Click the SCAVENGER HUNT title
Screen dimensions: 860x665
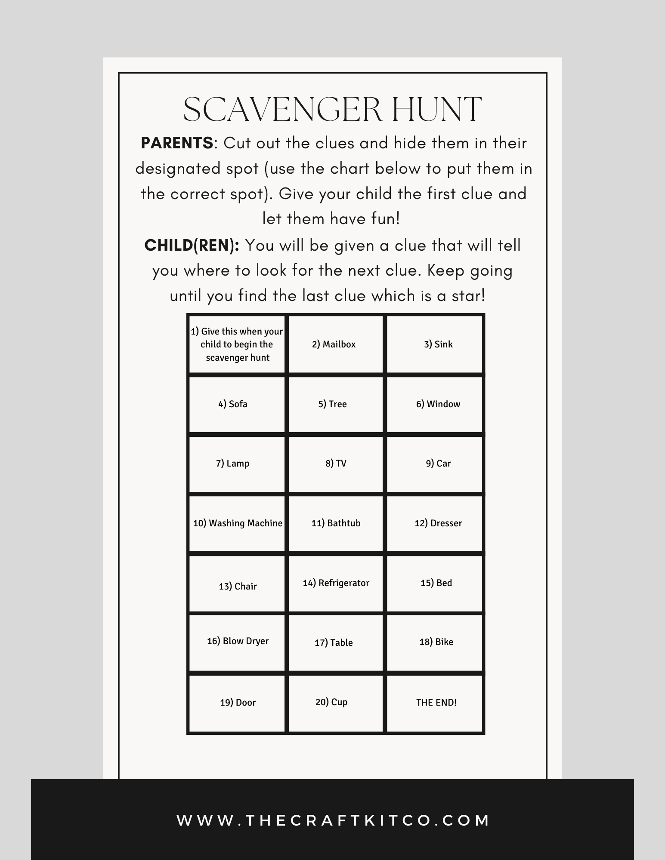point(332,110)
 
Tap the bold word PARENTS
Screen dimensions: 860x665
point(177,143)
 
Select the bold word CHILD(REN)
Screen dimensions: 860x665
point(192,246)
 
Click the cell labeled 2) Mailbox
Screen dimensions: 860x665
point(334,344)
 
